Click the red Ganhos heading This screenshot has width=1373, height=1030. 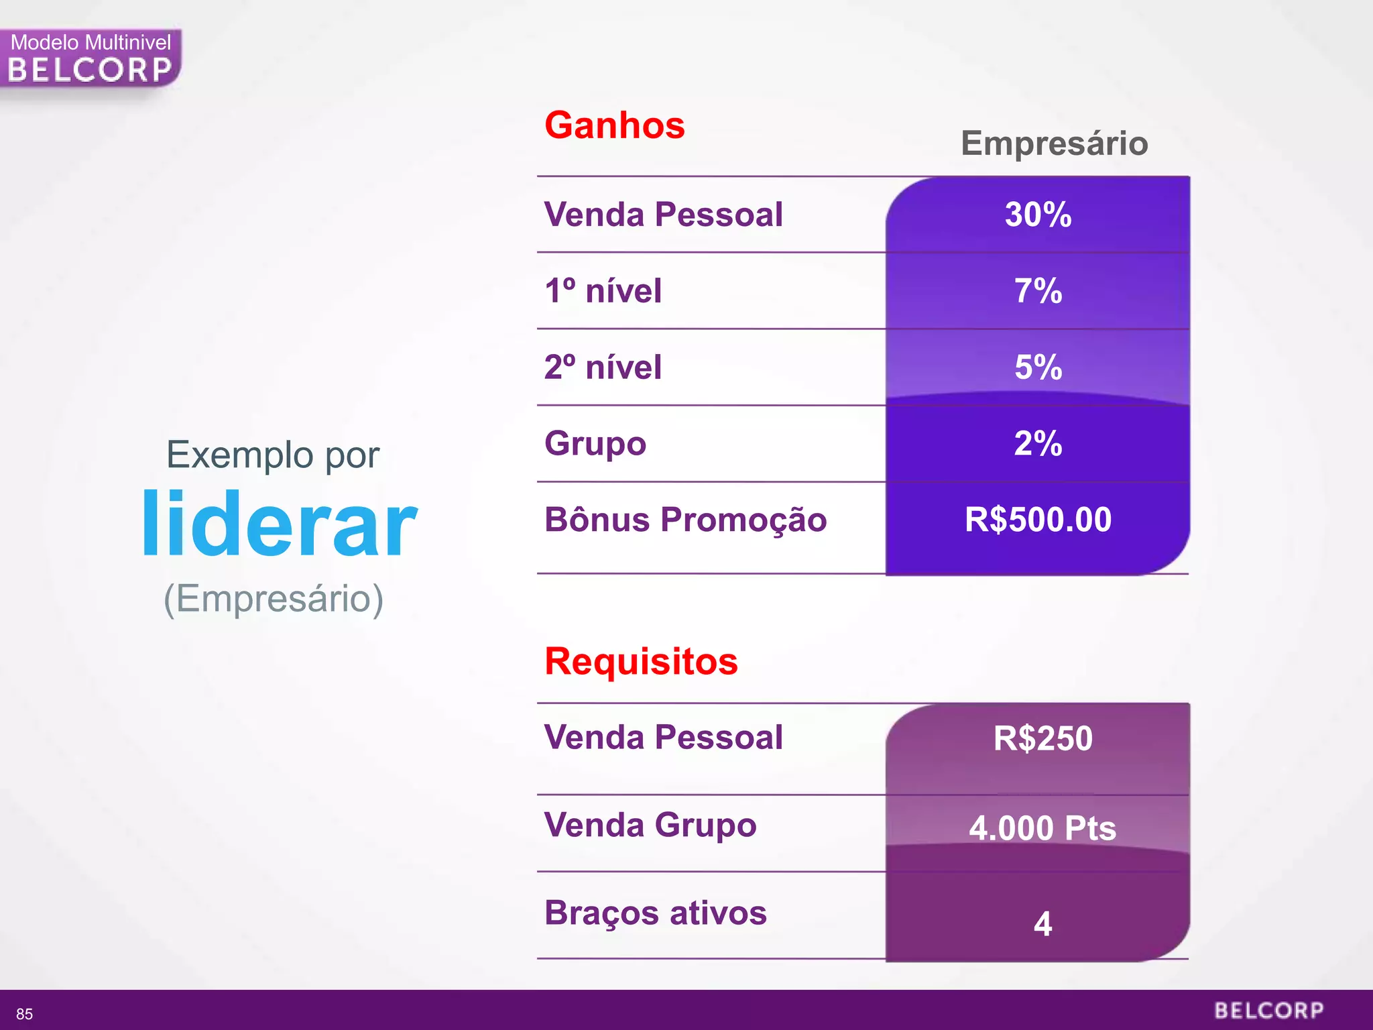tap(614, 125)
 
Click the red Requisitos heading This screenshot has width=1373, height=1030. tap(641, 661)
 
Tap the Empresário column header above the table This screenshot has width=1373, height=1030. tap(1054, 143)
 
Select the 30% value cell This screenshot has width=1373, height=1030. tap(1038, 215)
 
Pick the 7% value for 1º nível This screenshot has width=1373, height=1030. tap(1038, 291)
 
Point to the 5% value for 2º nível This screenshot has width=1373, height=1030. tap(1038, 367)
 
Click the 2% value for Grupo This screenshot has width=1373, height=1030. tap(1038, 443)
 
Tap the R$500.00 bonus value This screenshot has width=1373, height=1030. tap(1038, 520)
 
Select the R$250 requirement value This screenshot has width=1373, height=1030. tap(1042, 738)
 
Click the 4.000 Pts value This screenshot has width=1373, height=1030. tap(1042, 827)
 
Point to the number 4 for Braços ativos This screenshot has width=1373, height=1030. tap(1042, 923)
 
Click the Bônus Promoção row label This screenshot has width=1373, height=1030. tap(685, 520)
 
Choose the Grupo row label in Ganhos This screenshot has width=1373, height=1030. tap(595, 443)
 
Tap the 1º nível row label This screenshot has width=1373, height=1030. tap(603, 291)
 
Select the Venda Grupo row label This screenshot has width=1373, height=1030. tap(650, 825)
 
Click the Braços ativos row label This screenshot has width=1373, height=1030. tap(655, 913)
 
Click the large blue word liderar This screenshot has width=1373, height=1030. tap(279, 524)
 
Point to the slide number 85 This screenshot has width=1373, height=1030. tap(25, 1014)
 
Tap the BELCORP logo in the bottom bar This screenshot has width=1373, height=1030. tap(1268, 1011)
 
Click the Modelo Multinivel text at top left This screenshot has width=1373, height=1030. tap(91, 42)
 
